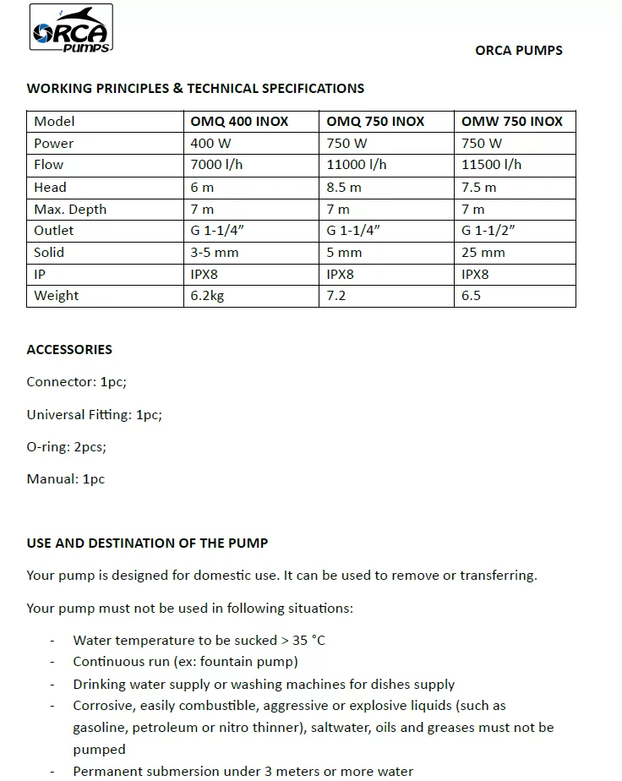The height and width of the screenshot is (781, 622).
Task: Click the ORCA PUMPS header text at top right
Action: click(518, 50)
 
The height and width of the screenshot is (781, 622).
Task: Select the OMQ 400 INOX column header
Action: click(239, 122)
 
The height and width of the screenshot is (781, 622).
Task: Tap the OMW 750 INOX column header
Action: click(511, 122)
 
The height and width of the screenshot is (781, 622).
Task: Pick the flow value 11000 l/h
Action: click(356, 165)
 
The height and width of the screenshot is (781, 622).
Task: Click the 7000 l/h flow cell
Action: click(216, 165)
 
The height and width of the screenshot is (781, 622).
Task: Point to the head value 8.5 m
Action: click(343, 188)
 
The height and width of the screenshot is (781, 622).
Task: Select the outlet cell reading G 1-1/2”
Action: click(488, 231)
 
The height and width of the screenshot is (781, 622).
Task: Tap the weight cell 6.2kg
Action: click(207, 296)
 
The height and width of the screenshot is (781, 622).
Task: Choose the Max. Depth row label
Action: click(70, 210)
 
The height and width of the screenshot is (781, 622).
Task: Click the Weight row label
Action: click(57, 296)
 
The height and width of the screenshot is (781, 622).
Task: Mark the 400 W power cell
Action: click(210, 144)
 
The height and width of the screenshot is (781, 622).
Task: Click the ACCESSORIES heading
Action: click(69, 349)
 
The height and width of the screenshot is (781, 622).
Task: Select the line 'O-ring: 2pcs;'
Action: click(66, 447)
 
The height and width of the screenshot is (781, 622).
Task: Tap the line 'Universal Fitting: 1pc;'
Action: click(94, 414)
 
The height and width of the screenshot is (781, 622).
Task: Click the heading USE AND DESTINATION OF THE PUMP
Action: click(147, 543)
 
